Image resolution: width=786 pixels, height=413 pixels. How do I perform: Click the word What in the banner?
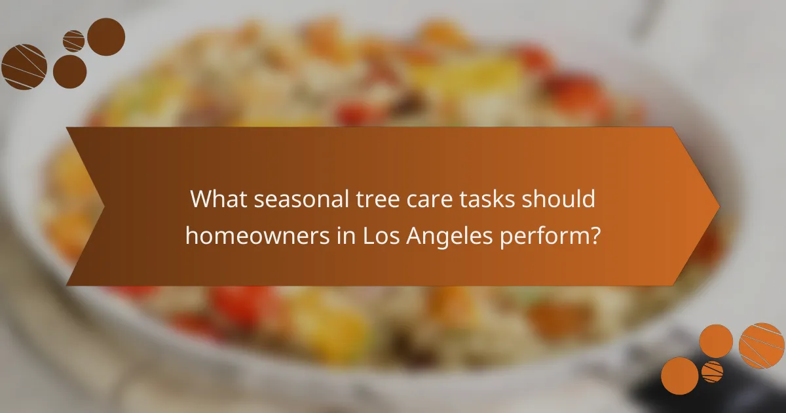[217, 199]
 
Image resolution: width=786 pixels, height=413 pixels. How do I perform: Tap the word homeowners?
[253, 234]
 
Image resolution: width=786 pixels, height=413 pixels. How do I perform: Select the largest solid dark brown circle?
[106, 37]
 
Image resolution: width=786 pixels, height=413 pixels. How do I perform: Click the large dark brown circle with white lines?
[24, 67]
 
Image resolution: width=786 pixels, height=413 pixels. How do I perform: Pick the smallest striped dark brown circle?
[73, 41]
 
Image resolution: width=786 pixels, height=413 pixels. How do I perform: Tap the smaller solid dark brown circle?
[69, 71]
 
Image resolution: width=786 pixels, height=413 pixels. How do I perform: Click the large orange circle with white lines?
[762, 345]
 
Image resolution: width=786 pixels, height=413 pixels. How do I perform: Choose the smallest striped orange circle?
[712, 371]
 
